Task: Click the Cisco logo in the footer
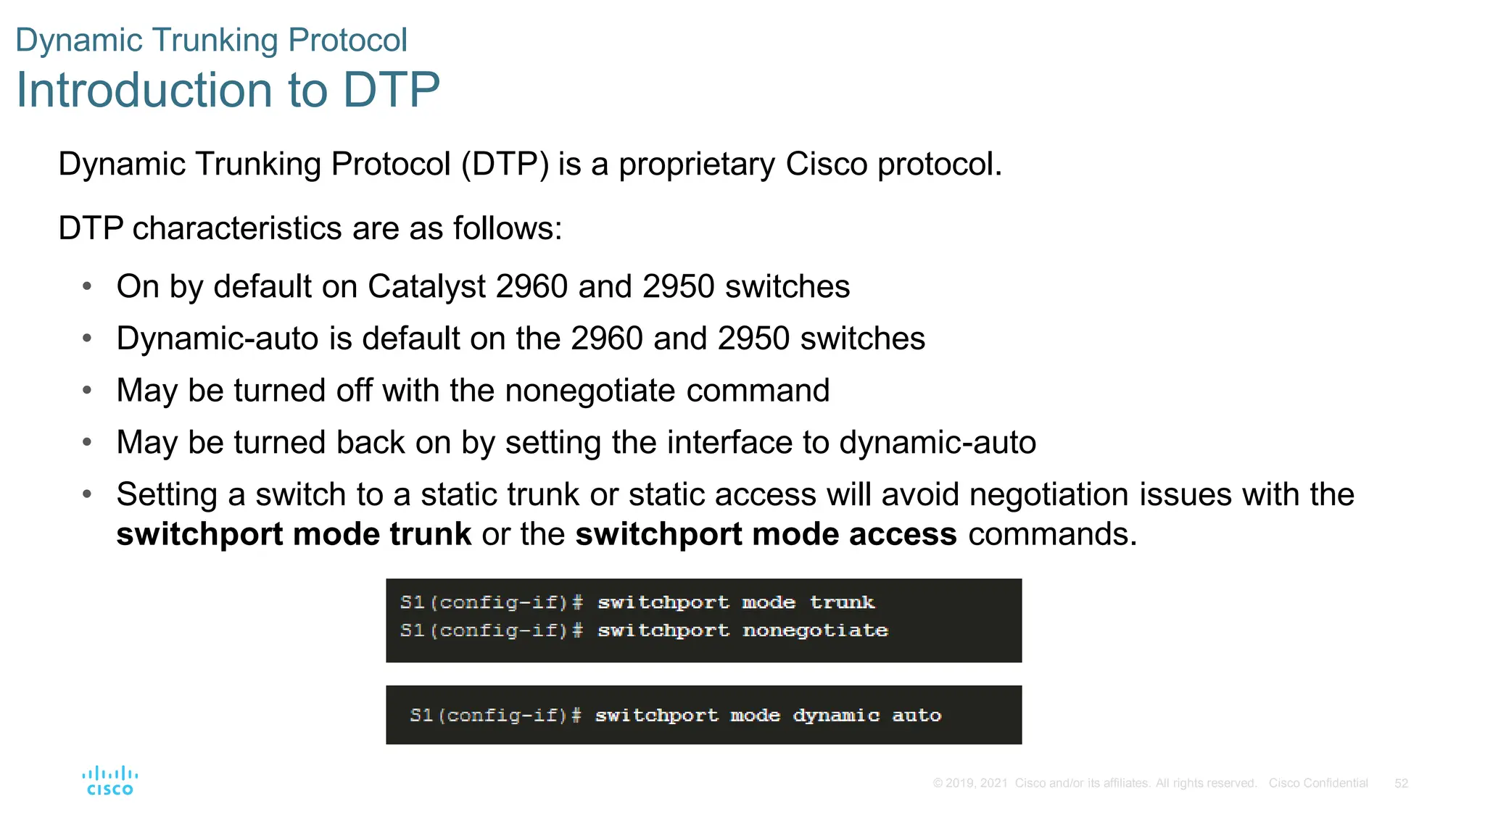110,781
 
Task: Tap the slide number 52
1401,784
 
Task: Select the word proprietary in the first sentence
696,165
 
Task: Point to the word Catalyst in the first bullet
426,286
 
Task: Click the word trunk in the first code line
842,602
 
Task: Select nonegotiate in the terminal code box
815,631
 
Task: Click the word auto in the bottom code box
917,715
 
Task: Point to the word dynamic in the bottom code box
836,715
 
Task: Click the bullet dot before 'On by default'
87,286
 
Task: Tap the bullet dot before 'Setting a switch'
87,494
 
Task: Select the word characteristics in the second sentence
237,228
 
